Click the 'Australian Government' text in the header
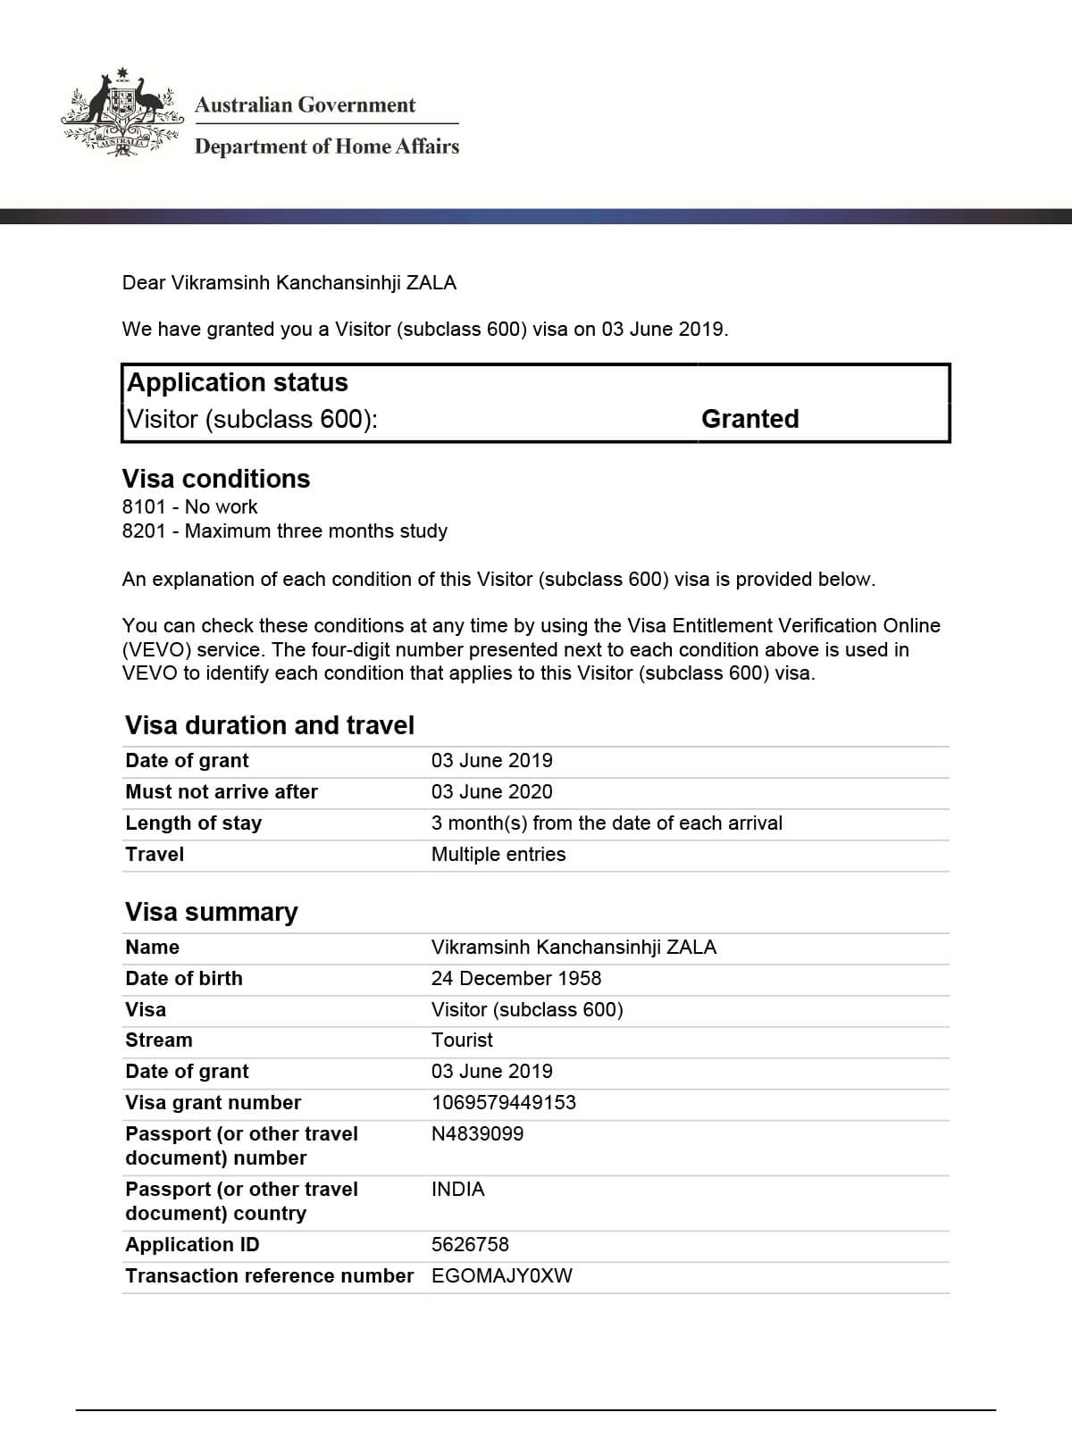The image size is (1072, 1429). (305, 105)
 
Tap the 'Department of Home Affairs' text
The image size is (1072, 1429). (327, 146)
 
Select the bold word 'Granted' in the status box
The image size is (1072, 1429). (750, 419)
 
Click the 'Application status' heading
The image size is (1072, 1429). (238, 382)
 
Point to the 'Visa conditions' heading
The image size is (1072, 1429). (216, 479)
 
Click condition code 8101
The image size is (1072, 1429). (144, 507)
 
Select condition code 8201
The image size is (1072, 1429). (144, 531)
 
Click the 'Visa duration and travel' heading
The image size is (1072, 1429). (270, 725)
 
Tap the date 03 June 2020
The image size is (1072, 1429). (491, 792)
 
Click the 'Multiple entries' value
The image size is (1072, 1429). (498, 855)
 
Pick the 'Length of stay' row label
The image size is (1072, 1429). (194, 823)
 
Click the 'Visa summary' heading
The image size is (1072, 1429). (212, 912)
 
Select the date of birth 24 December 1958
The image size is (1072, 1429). (516, 979)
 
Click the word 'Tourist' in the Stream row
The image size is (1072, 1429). (462, 1040)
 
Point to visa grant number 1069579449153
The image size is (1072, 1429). (504, 1103)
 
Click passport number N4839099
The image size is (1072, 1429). (477, 1134)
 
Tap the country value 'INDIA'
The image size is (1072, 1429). (457, 1190)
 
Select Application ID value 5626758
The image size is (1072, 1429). (470, 1245)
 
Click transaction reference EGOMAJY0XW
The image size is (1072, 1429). (501, 1276)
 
